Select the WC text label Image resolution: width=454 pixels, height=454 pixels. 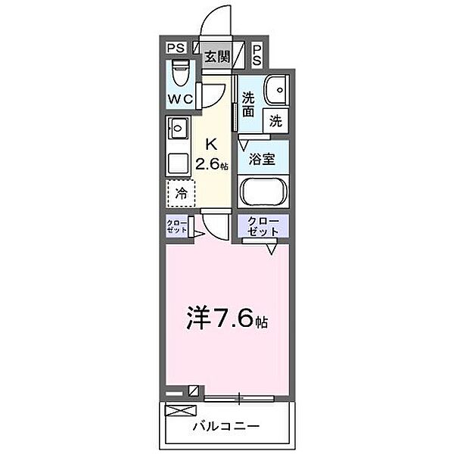[x=182, y=98]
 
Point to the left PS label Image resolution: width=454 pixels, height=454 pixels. [x=175, y=48]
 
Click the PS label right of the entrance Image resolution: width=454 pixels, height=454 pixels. [x=257, y=53]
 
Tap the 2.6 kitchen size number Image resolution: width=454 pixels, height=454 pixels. [x=208, y=163]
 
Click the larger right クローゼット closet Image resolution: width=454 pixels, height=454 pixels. [x=263, y=227]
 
